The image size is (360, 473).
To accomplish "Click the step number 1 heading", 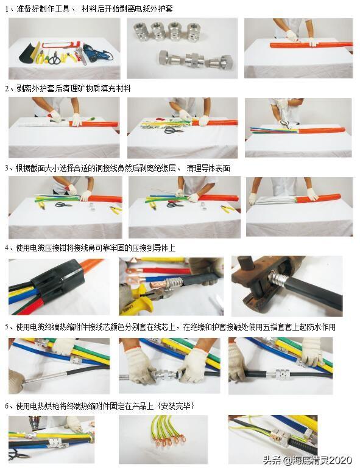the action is [x=89, y=9].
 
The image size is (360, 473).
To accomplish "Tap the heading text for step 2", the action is [x=68, y=88].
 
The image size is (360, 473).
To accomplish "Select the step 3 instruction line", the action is [x=118, y=168].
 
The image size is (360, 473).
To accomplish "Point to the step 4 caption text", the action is [x=90, y=248].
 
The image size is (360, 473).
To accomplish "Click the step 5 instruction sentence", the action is [x=170, y=327].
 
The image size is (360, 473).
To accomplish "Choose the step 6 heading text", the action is [x=99, y=405].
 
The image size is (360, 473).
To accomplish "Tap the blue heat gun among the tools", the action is [x=94, y=53].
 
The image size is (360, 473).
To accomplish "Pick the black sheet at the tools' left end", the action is [x=28, y=52].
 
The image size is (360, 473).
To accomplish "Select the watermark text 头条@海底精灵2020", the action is [x=308, y=460].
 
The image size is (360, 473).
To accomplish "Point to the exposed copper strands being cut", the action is [x=158, y=284].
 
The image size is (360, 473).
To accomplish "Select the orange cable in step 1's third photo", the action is [x=311, y=45].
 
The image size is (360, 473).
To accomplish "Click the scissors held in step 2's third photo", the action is [x=286, y=124].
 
